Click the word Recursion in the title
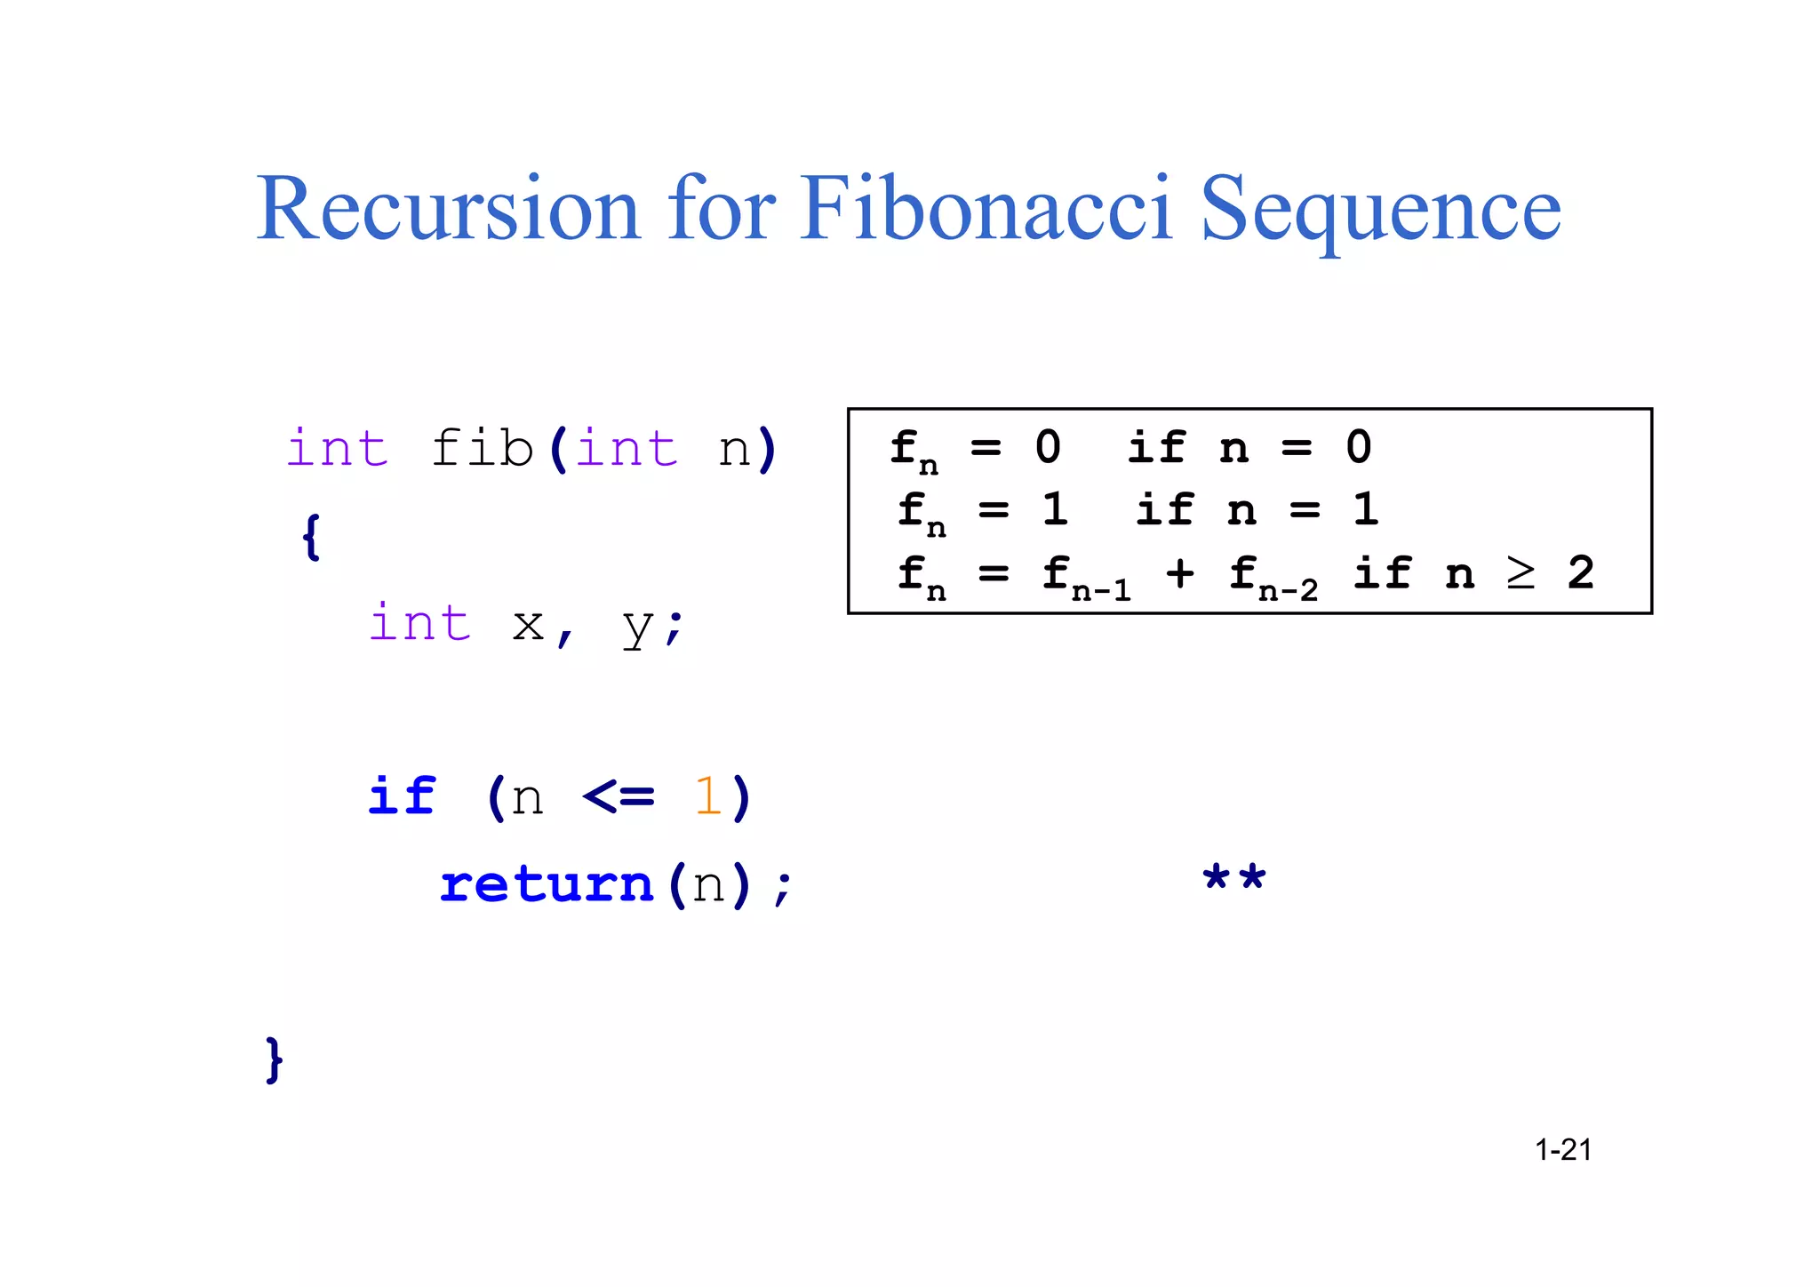tap(448, 210)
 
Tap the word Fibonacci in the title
tap(986, 210)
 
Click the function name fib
tap(482, 449)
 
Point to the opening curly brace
tap(310, 537)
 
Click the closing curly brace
tap(275, 1059)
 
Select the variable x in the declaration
tap(528, 625)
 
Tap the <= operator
tap(619, 796)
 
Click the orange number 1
tap(707, 796)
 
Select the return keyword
tap(547, 885)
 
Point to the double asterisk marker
tap(1233, 880)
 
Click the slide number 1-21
tap(1563, 1150)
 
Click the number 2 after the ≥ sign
tap(1581, 573)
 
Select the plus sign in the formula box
tap(1180, 574)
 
